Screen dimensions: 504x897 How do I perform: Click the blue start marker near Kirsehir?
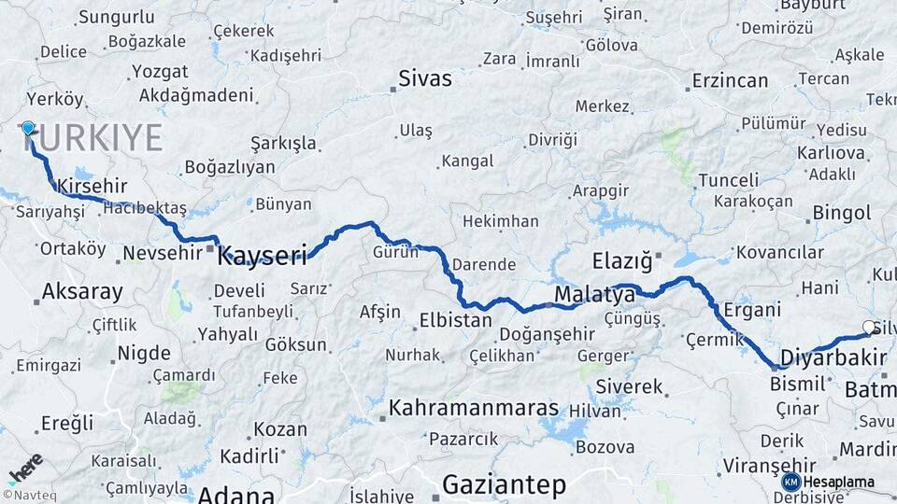point(28,129)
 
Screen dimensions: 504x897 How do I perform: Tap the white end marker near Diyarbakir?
point(870,328)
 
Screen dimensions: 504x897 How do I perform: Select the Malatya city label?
point(594,295)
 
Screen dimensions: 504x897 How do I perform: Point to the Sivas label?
point(425,78)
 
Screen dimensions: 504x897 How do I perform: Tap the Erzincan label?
point(730,81)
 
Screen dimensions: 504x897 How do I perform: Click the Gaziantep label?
point(504,484)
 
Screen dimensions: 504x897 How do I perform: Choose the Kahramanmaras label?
point(474,408)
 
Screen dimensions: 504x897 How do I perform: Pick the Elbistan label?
point(456,320)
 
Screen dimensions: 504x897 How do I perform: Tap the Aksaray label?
point(82,292)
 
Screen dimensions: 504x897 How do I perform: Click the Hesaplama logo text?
point(838,482)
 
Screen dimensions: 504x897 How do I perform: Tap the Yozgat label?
point(159,72)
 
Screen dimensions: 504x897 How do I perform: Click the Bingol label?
point(842,213)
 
